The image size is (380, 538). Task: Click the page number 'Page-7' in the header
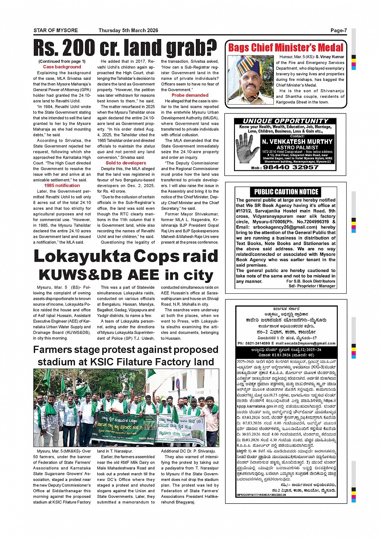point(338,31)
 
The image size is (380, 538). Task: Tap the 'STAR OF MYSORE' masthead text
point(55,31)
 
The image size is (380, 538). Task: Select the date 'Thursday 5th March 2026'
point(128,31)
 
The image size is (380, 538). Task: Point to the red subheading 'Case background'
point(62,67)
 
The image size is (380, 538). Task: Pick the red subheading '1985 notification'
point(62,186)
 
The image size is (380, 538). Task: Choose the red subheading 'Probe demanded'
point(190,95)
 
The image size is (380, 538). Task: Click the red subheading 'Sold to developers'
point(126,163)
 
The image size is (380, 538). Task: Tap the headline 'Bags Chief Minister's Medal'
point(286,48)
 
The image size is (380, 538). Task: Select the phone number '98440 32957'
point(290,167)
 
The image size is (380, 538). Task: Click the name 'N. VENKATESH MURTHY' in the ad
point(297,142)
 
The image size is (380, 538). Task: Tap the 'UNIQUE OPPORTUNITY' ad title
point(286,121)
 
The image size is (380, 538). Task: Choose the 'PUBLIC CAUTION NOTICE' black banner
point(286,192)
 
